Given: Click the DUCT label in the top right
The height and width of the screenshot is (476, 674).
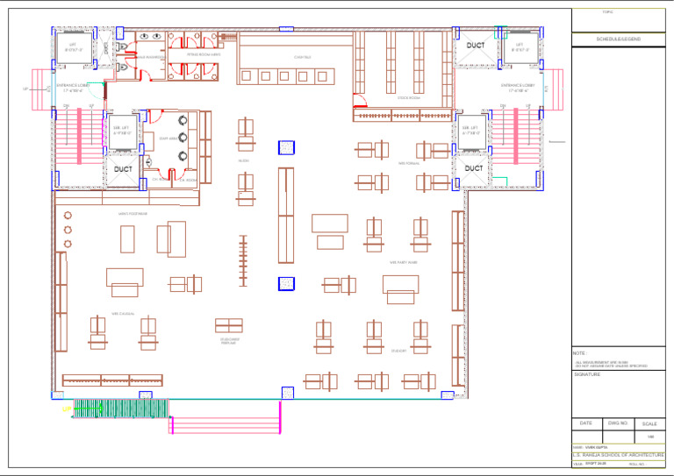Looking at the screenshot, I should [x=475, y=46].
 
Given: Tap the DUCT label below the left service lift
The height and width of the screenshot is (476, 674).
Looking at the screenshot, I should [x=122, y=168].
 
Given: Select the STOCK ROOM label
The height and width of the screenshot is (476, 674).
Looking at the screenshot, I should [x=409, y=98].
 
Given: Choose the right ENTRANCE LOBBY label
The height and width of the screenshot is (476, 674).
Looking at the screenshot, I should [x=518, y=88].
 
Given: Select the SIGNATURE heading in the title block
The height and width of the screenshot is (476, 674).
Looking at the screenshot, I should [x=587, y=374].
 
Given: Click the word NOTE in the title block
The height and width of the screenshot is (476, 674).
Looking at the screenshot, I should [x=580, y=352].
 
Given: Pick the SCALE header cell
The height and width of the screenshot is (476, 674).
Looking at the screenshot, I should [x=649, y=423].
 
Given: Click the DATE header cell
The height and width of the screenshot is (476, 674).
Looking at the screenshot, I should [x=585, y=423].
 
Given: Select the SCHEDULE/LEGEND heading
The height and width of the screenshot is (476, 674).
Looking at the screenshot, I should [x=618, y=39].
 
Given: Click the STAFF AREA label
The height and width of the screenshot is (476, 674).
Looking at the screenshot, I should [x=168, y=139].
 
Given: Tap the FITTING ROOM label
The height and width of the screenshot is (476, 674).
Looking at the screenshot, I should [x=204, y=54].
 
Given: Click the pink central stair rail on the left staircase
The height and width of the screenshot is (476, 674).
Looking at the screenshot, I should [x=81, y=136].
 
